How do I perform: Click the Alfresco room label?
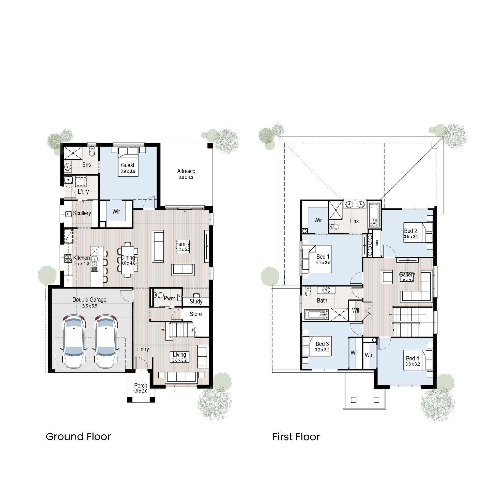(x=186, y=171)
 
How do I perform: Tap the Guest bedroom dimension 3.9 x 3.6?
(x=128, y=171)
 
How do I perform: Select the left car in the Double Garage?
(x=74, y=341)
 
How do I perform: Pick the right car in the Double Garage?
(x=105, y=341)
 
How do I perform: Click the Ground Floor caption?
(x=78, y=437)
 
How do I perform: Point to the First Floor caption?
(x=296, y=437)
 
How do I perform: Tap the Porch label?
(x=141, y=386)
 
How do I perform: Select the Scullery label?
(x=82, y=213)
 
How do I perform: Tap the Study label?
(x=196, y=301)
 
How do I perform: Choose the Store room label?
(x=196, y=314)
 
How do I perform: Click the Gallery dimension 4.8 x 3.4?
(x=407, y=281)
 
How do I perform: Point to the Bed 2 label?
(x=411, y=231)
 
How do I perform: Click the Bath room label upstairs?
(x=322, y=300)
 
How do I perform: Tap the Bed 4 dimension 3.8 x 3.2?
(x=413, y=364)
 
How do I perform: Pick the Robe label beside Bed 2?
(x=377, y=243)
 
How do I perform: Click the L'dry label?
(x=83, y=191)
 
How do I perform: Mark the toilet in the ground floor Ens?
(x=92, y=152)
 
